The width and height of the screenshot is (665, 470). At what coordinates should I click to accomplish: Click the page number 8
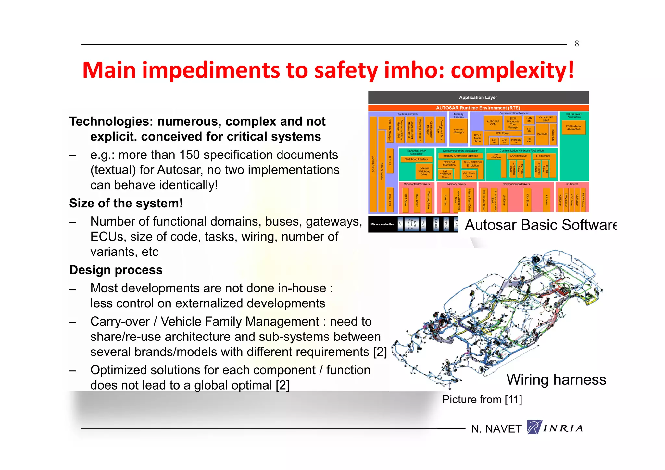pos(577,43)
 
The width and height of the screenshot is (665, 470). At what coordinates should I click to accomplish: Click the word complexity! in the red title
pos(512,70)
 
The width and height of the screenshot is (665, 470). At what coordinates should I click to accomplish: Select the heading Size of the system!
pos(126,203)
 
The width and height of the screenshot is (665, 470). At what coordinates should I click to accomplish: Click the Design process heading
pos(116,270)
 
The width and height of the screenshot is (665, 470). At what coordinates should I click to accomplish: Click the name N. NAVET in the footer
pos(496,429)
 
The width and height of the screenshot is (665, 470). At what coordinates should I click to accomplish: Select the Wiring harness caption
pos(556,379)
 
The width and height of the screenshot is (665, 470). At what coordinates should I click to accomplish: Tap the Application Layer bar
pos(478,97)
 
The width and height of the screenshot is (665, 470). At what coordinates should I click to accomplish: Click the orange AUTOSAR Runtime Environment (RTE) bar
pos(478,108)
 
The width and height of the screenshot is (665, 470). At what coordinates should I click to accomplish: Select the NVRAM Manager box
pos(458,131)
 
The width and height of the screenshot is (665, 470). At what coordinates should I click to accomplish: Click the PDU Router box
pos(502,133)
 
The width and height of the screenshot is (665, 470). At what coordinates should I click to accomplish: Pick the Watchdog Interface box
pos(416,159)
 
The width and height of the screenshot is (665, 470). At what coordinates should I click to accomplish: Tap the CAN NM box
pos(542,134)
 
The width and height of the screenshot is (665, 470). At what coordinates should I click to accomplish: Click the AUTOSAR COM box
pos(493,123)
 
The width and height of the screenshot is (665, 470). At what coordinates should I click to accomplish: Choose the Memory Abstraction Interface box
pos(460,156)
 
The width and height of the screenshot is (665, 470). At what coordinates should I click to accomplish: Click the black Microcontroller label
pos(382,224)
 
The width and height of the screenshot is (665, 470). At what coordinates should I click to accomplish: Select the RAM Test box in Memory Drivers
pos(445,200)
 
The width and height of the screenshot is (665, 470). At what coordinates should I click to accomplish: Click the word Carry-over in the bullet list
pos(120,322)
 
